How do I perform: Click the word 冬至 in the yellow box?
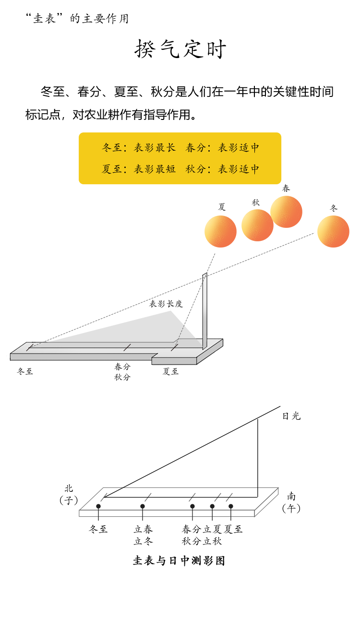pyautogui.click(x=112, y=148)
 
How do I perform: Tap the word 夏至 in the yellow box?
pyautogui.click(x=112, y=169)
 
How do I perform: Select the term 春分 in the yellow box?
pyautogui.click(x=196, y=148)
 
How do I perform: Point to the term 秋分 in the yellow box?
pyautogui.click(x=196, y=169)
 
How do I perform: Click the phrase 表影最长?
pyautogui.click(x=155, y=148)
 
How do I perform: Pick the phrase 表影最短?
pyautogui.click(x=155, y=169)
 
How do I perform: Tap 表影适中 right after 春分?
pyautogui.click(x=239, y=148)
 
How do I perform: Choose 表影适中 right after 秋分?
pyautogui.click(x=239, y=169)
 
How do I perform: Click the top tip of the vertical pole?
pyautogui.click(x=206, y=274)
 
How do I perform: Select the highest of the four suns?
pyautogui.click(x=286, y=212)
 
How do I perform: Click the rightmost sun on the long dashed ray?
pyautogui.click(x=333, y=231)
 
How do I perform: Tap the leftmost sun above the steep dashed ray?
pyautogui.click(x=220, y=230)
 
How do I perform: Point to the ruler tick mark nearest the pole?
pyautogui.click(x=175, y=347)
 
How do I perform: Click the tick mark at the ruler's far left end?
pyautogui.click(x=30, y=347)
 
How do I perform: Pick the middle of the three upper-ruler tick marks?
pyautogui.click(x=127, y=347)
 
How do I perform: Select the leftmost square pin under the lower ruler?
pyautogui.click(x=98, y=506)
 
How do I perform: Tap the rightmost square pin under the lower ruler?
pyautogui.click(x=231, y=506)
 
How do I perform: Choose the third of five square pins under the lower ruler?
pyautogui.click(x=192, y=506)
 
